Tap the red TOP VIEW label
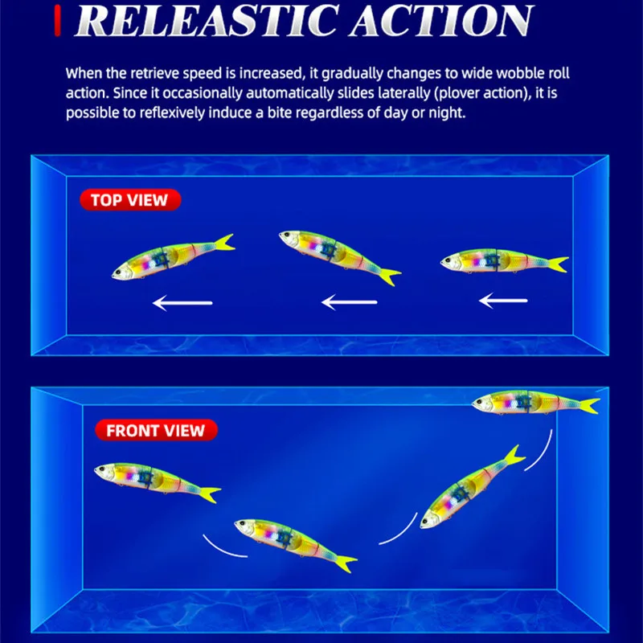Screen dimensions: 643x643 tap(129, 199)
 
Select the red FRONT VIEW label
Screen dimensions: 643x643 tap(155, 429)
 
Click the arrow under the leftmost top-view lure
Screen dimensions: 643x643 tap(182, 303)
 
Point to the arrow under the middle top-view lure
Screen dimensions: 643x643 tap(349, 303)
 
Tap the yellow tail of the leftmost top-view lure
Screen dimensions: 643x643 tap(224, 243)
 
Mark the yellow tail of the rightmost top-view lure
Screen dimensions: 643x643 tap(555, 264)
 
